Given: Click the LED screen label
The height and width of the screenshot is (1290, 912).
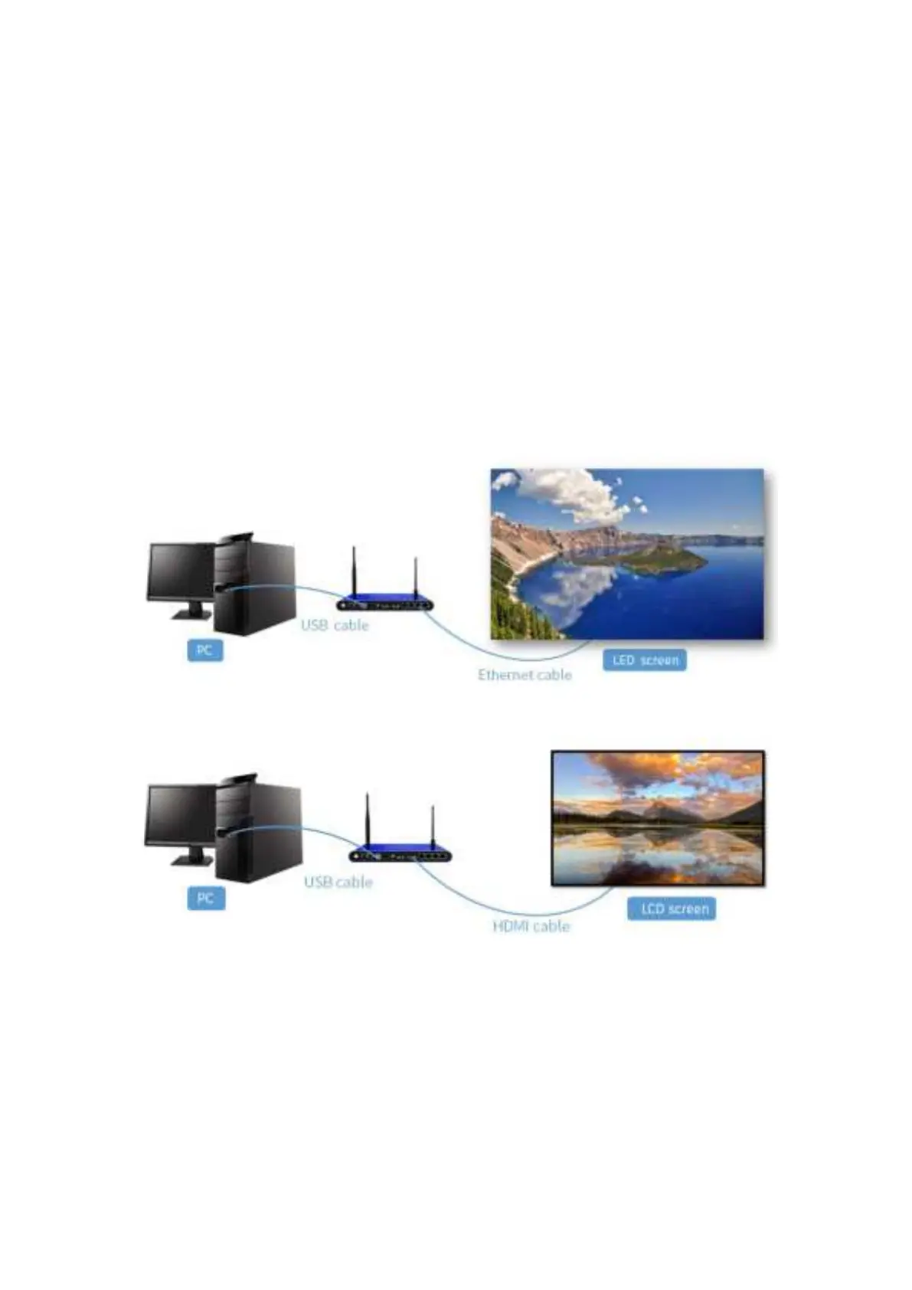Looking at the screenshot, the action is tap(645, 660).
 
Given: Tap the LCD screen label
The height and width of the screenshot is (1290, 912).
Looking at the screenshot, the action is tap(672, 909).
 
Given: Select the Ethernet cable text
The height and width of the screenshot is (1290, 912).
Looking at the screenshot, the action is tap(525, 675).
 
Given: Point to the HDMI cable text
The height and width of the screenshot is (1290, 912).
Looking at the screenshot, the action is tap(531, 926).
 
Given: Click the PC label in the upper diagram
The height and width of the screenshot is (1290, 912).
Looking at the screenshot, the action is tap(204, 650).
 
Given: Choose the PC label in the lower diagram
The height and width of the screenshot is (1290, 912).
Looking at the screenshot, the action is tap(205, 898).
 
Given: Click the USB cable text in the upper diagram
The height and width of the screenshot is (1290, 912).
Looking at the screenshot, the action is tap(335, 625).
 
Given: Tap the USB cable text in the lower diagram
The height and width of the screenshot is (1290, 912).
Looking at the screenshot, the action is tap(338, 882).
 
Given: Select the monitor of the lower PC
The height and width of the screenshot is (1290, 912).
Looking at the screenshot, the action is tap(179, 815).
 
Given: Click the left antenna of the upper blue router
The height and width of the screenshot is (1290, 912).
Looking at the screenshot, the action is tap(354, 571).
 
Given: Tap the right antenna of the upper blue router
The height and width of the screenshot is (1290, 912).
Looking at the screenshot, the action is tap(416, 578).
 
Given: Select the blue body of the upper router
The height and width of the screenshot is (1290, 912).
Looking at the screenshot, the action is tap(385, 604).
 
